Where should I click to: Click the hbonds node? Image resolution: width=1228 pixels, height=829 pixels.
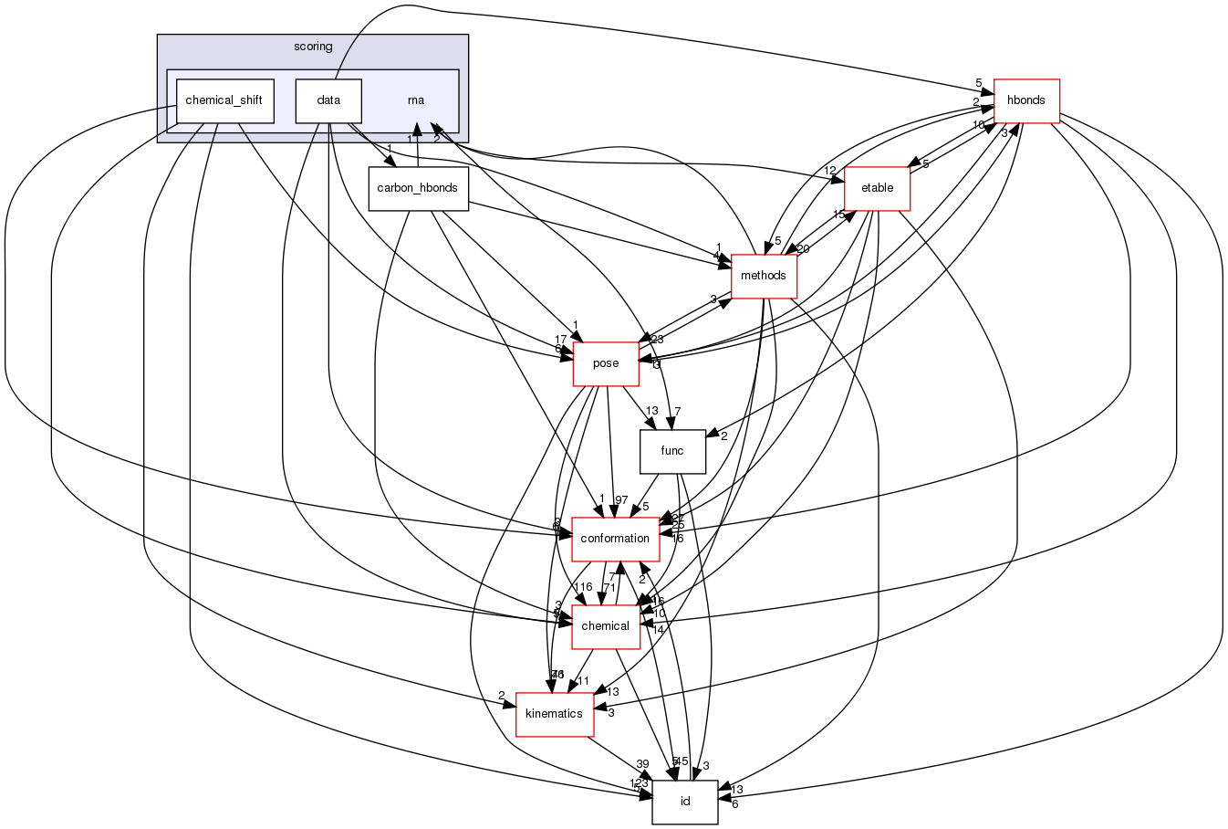pyautogui.click(x=1025, y=100)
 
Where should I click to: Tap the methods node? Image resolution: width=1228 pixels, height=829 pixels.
pyautogui.click(x=764, y=276)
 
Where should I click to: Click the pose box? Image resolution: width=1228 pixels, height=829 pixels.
pyautogui.click(x=606, y=363)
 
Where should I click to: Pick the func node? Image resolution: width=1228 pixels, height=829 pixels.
pyautogui.click(x=672, y=451)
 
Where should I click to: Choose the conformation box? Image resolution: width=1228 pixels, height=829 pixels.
pyautogui.click(x=616, y=539)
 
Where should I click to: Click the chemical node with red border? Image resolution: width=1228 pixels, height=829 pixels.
pyautogui.click(x=606, y=626)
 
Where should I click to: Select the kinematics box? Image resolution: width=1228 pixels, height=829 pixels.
pyautogui.click(x=555, y=714)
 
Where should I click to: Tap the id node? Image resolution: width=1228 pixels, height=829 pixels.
pyautogui.click(x=685, y=802)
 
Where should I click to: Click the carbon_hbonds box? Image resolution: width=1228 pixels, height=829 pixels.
pyautogui.click(x=418, y=188)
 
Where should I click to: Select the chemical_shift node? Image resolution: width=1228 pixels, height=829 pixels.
pyautogui.click(x=224, y=100)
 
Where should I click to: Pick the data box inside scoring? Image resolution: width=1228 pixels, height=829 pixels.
pyautogui.click(x=328, y=100)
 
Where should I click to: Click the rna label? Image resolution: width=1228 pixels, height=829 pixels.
pyautogui.click(x=416, y=100)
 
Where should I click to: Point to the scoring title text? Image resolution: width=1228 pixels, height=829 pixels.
pyautogui.click(x=313, y=47)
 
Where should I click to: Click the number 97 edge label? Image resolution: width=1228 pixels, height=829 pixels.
pyautogui.click(x=621, y=499)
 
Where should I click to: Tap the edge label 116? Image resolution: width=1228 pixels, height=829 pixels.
pyautogui.click(x=583, y=587)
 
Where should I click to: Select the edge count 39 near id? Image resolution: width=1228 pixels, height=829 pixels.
pyautogui.click(x=642, y=764)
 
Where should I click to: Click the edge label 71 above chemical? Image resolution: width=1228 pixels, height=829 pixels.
pyautogui.click(x=609, y=587)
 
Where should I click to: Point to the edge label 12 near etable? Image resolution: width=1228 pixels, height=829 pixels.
pyautogui.click(x=829, y=171)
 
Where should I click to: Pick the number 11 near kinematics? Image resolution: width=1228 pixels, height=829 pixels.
pyautogui.click(x=583, y=681)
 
